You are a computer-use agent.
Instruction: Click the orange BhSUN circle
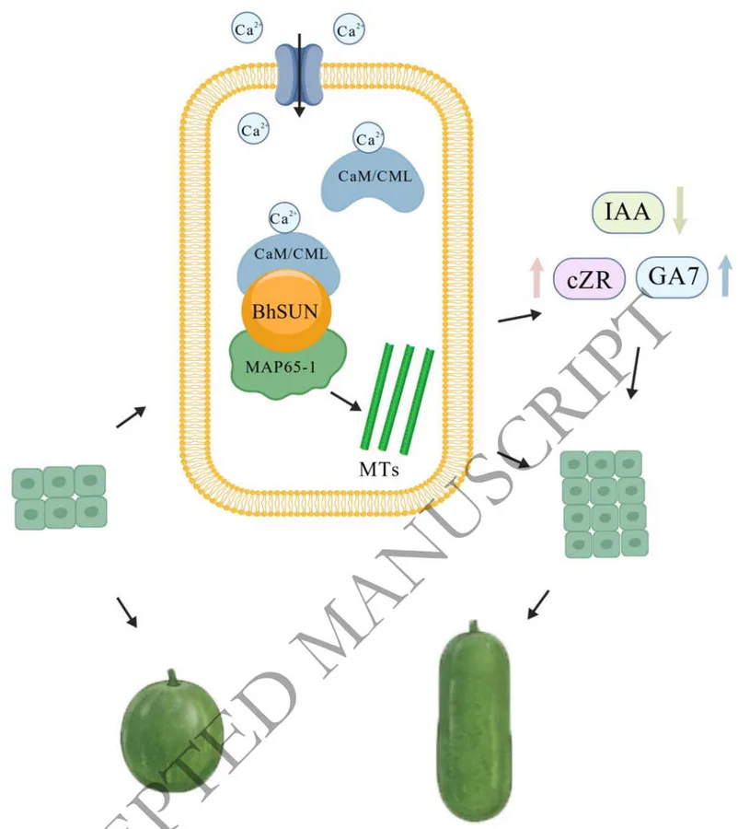[286, 311]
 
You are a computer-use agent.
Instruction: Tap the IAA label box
[628, 213]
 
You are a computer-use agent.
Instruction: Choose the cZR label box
[589, 278]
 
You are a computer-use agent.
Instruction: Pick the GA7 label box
[672, 276]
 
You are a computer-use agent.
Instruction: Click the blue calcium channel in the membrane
[299, 74]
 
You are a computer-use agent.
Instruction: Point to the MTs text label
[379, 469]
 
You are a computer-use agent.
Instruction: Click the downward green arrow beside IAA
[680, 210]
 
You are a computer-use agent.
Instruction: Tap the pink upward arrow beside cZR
[536, 277]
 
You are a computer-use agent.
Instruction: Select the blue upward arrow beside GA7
[726, 274]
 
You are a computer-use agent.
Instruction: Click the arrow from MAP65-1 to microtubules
[346, 401]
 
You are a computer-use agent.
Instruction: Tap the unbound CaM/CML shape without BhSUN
[373, 179]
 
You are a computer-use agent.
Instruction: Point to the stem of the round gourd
[172, 677]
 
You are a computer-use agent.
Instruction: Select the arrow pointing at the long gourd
[538, 604]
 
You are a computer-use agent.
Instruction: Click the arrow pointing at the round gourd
[127, 613]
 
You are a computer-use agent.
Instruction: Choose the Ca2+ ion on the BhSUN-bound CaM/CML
[283, 217]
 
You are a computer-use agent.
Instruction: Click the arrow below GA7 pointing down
[634, 373]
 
